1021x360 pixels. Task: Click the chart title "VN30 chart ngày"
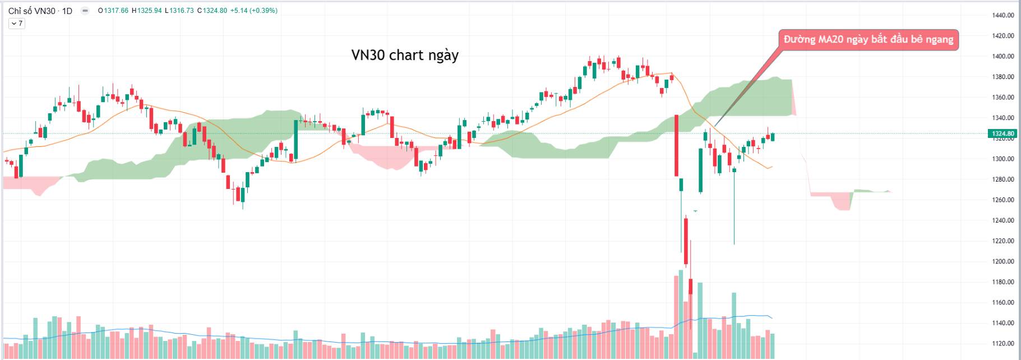pyautogui.click(x=405, y=55)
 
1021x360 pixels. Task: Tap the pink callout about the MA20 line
pyautogui.click(x=868, y=39)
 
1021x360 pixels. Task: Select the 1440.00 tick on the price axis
pyautogui.click(x=1002, y=15)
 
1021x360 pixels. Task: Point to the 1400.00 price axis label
pyautogui.click(x=1002, y=56)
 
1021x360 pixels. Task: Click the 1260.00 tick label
pyautogui.click(x=1002, y=200)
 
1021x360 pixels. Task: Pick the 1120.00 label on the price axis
pyautogui.click(x=1002, y=343)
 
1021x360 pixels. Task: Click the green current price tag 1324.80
pyautogui.click(x=1002, y=133)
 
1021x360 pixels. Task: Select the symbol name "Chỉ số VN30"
pyautogui.click(x=31, y=11)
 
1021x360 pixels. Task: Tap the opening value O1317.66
pyautogui.click(x=113, y=11)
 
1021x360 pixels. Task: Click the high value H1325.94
pyautogui.click(x=147, y=11)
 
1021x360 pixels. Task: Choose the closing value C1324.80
pyautogui.click(x=212, y=11)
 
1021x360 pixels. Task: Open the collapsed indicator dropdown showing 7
pyautogui.click(x=16, y=24)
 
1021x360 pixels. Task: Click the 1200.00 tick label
pyautogui.click(x=1002, y=261)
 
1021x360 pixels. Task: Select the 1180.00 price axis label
pyautogui.click(x=1002, y=281)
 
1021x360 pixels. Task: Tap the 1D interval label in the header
pyautogui.click(x=67, y=11)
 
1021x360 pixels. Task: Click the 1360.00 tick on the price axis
pyautogui.click(x=1002, y=97)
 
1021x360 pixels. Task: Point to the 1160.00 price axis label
pyautogui.click(x=1002, y=302)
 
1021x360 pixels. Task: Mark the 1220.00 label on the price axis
pyautogui.click(x=1002, y=241)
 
